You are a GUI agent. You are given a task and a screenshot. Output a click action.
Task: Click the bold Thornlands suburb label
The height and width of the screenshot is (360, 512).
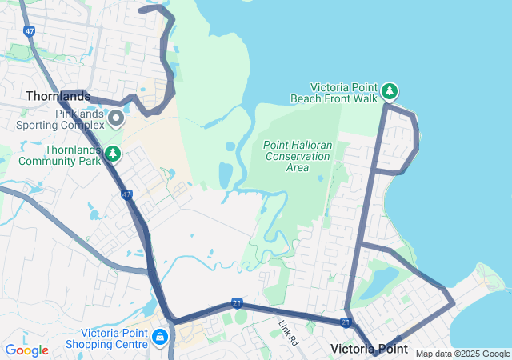(58, 96)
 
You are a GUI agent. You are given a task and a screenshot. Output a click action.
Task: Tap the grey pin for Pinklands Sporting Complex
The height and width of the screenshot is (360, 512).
(116, 119)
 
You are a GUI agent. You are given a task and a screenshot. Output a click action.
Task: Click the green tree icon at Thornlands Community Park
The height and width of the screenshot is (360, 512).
(114, 152)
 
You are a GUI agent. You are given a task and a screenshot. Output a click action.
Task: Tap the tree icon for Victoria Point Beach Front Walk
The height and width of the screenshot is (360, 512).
(390, 91)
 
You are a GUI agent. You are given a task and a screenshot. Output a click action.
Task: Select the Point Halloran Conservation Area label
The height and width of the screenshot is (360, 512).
(297, 156)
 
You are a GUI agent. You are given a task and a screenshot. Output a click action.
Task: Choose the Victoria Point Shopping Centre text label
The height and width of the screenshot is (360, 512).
(113, 338)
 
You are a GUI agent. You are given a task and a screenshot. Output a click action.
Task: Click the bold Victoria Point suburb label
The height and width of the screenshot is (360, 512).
(369, 350)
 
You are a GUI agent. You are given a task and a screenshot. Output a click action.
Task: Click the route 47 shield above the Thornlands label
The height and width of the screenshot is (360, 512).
(30, 32)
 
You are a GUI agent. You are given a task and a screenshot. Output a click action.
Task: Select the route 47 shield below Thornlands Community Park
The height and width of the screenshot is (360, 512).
(126, 194)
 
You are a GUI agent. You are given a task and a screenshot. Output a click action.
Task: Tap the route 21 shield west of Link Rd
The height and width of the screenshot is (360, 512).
(237, 303)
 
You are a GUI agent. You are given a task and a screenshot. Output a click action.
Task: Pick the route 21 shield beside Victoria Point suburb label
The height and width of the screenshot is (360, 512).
(346, 322)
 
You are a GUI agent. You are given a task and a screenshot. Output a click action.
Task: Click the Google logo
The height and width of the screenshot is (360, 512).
(27, 350)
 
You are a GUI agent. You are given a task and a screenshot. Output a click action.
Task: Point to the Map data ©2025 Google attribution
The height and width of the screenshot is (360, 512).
(462, 354)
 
